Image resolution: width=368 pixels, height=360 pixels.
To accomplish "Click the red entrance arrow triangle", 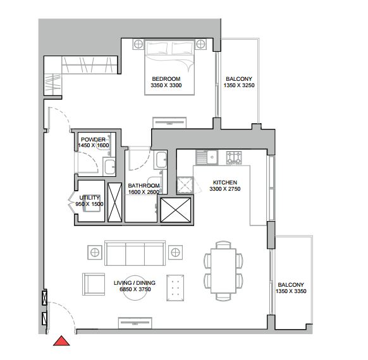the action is (61, 341).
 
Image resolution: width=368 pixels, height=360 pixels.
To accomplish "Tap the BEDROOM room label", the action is (166, 79).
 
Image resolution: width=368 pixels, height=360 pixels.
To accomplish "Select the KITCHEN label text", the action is (225, 183).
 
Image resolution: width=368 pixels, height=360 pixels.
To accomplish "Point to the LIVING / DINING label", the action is (135, 283).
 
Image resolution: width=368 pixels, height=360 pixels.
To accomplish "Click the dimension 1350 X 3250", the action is (239, 85).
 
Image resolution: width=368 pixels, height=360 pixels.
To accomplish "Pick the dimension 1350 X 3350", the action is (291, 291).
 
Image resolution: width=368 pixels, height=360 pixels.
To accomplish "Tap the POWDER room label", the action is (93, 140).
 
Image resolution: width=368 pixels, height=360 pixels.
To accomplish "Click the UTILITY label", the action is (89, 198).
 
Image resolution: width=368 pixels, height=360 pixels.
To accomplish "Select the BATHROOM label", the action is (144, 186).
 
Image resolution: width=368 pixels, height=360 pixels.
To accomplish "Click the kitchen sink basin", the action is (212, 157).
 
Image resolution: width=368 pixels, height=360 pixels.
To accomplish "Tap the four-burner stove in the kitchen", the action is (234, 157).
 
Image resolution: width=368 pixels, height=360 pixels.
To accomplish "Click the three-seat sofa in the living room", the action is (135, 253).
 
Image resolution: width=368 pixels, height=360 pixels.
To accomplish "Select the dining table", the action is (223, 271).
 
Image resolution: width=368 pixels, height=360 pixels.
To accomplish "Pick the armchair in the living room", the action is (94, 284).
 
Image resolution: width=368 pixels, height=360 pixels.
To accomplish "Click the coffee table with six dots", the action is (175, 288).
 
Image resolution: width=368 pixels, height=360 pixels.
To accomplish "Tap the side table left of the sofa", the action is (95, 253).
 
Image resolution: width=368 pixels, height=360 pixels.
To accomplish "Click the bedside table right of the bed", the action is (201, 44).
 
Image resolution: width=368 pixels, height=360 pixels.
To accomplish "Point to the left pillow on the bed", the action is (157, 48).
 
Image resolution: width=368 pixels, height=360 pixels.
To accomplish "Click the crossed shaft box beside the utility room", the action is (115, 202).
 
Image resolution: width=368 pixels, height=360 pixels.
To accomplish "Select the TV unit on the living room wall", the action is (135, 323).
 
